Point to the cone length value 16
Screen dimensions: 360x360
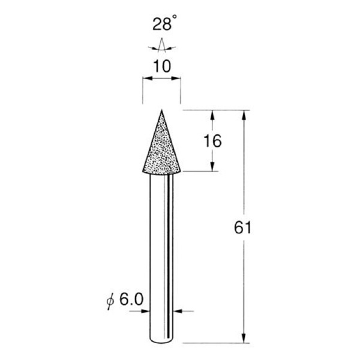(212, 141)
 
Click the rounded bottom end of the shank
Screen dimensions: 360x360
(161, 343)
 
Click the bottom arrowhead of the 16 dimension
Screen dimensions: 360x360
(214, 167)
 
